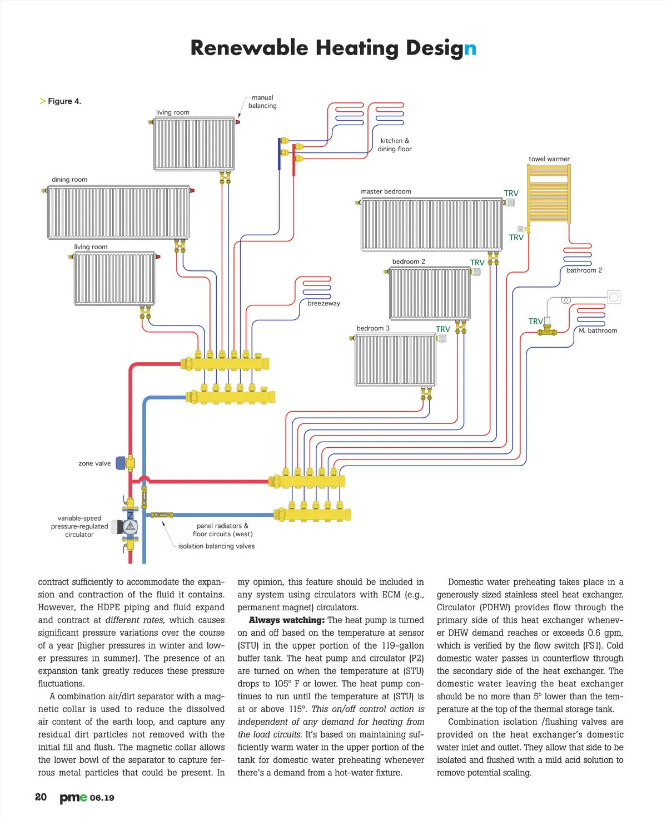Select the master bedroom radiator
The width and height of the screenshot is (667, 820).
tap(432, 225)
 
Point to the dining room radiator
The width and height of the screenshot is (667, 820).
tap(118, 213)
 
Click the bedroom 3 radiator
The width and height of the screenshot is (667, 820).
tap(395, 360)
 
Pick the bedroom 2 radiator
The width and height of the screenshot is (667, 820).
tap(430, 293)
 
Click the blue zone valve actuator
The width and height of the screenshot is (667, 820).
tap(121, 462)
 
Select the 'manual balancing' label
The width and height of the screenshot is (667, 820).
tap(262, 102)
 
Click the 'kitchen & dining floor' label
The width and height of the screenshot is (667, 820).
tap(395, 145)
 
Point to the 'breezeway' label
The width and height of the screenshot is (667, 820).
tap(323, 303)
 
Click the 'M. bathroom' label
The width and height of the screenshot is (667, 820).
tap(598, 330)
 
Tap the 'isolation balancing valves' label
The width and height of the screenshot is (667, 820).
tap(216, 546)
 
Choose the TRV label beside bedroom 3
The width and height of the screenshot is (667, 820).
tap(442, 329)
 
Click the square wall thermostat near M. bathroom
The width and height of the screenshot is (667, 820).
tap(613, 297)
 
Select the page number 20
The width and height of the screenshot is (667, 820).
tap(41, 797)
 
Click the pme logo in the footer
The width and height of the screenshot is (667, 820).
tap(73, 797)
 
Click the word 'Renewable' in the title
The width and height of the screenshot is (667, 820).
tap(248, 48)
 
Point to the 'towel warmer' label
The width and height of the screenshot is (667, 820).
tap(549, 159)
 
